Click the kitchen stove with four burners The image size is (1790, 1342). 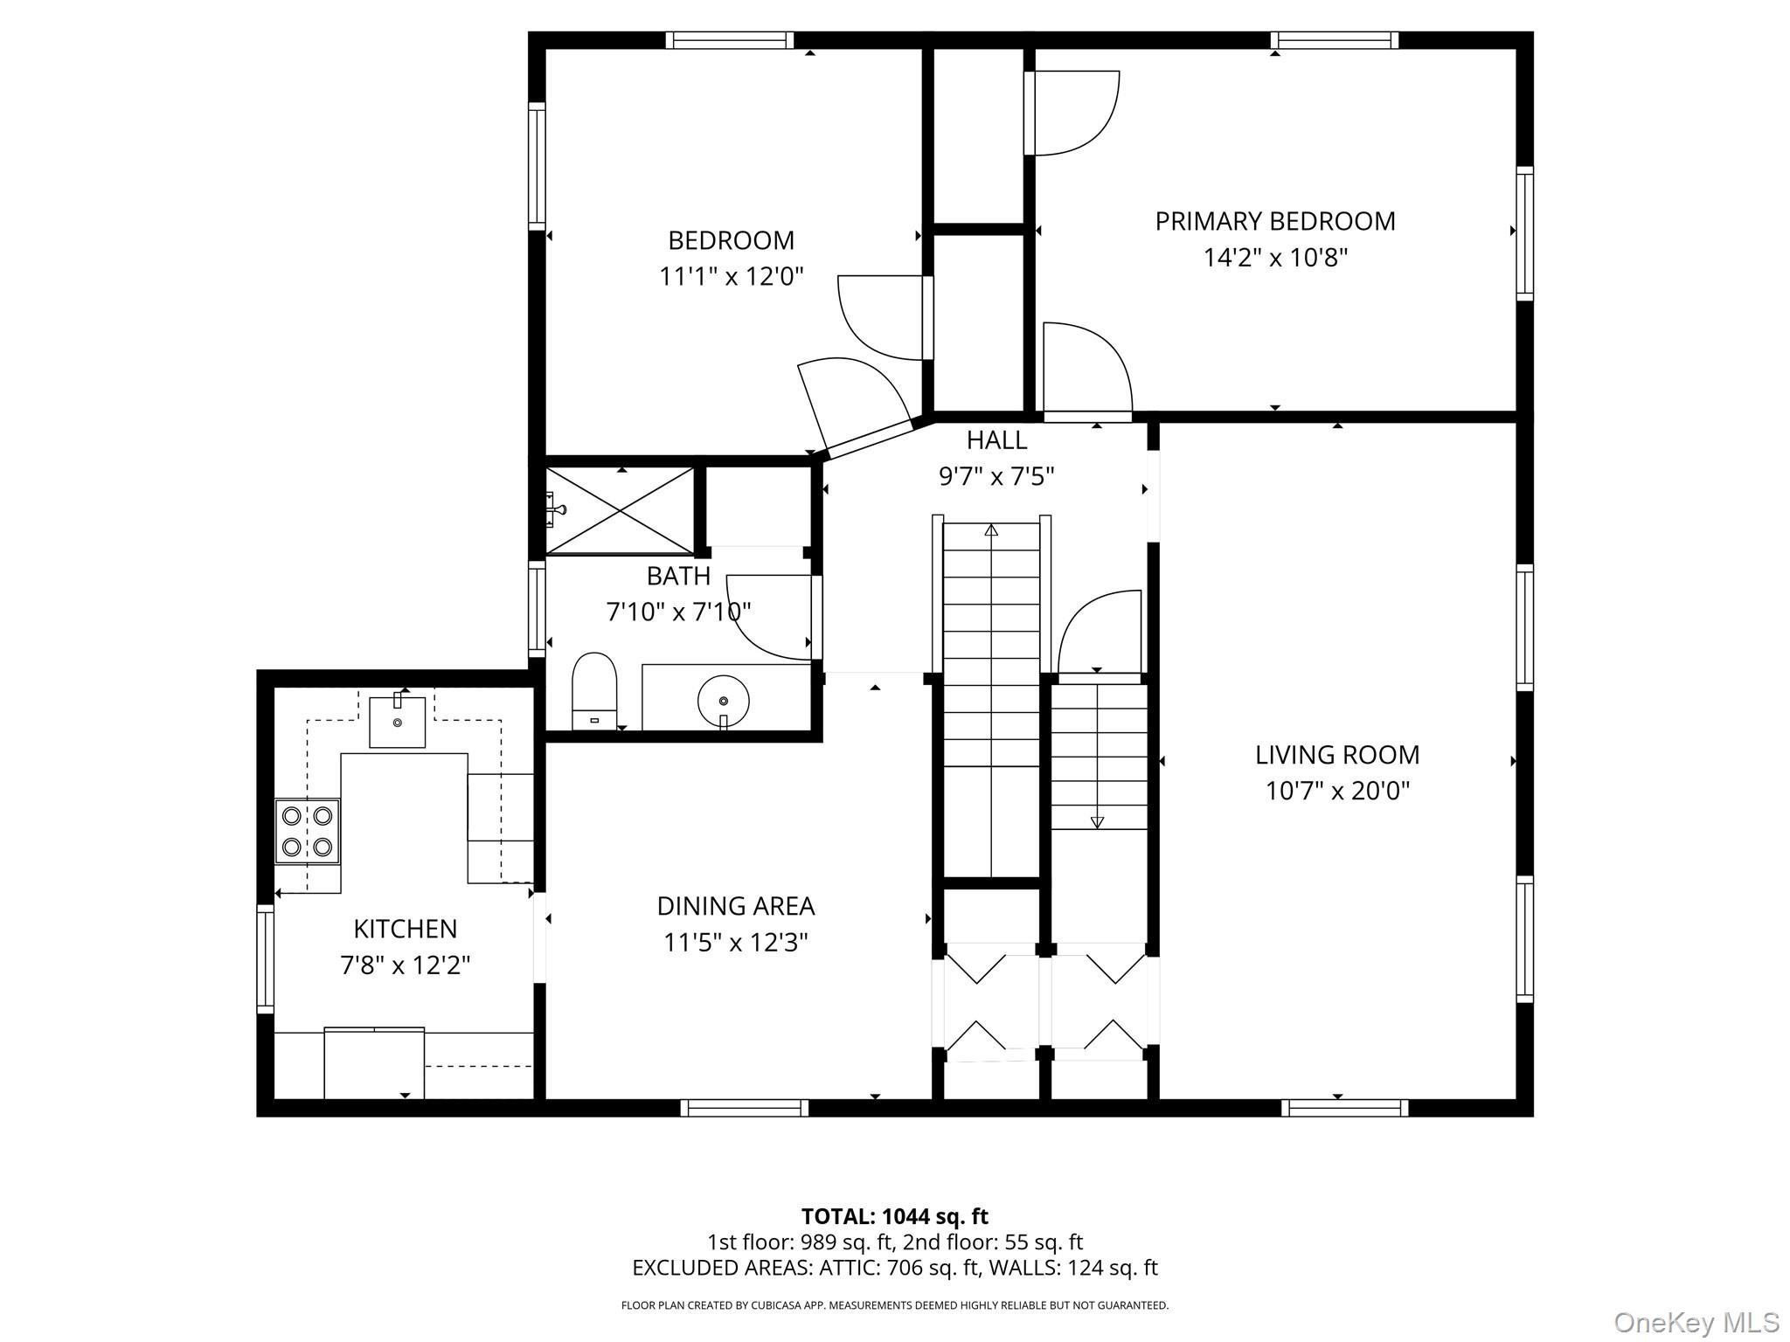click(x=307, y=831)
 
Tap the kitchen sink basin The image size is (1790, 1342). click(x=397, y=722)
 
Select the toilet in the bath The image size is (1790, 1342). click(x=594, y=690)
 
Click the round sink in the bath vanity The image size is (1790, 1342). click(x=724, y=700)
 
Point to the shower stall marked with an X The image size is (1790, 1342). click(x=620, y=511)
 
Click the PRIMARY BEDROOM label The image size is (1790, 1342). click(x=1274, y=222)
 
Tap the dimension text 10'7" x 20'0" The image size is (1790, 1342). click(x=1337, y=792)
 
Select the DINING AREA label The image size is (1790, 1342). click(x=735, y=907)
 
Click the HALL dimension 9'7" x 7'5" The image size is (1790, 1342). click(x=996, y=477)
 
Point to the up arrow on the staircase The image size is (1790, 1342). click(x=991, y=530)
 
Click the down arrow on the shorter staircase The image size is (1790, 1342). click(x=1098, y=821)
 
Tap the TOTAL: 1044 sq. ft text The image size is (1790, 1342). click(x=894, y=1216)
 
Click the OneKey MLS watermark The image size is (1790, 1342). click(x=1696, y=1322)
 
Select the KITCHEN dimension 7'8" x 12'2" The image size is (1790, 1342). click(x=405, y=966)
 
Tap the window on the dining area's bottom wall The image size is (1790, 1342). click(x=744, y=1108)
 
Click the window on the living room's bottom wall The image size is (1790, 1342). click(x=1344, y=1108)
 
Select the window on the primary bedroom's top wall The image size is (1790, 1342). click(x=1334, y=40)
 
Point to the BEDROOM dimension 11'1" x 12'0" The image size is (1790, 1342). click(x=731, y=278)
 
